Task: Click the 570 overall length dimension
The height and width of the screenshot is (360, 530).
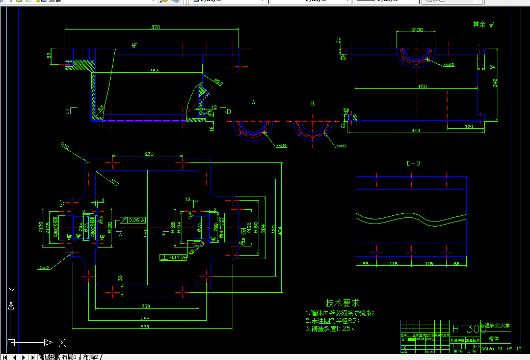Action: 156,27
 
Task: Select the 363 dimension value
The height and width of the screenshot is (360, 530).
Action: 153,70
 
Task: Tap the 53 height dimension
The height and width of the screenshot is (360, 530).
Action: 49,54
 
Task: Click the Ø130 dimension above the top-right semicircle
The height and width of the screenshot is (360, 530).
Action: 417,30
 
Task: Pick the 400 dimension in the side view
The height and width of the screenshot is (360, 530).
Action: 422,87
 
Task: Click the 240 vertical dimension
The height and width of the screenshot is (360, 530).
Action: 495,83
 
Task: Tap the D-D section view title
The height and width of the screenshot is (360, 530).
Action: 413,163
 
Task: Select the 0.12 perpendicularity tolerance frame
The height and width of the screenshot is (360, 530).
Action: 173,258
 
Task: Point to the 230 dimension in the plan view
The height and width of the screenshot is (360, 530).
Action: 149,154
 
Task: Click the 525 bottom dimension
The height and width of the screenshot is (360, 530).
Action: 145,327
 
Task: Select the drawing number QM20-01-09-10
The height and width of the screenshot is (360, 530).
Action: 501,349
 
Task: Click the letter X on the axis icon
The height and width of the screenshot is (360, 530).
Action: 62,342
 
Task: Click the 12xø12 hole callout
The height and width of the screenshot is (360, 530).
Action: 44,267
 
